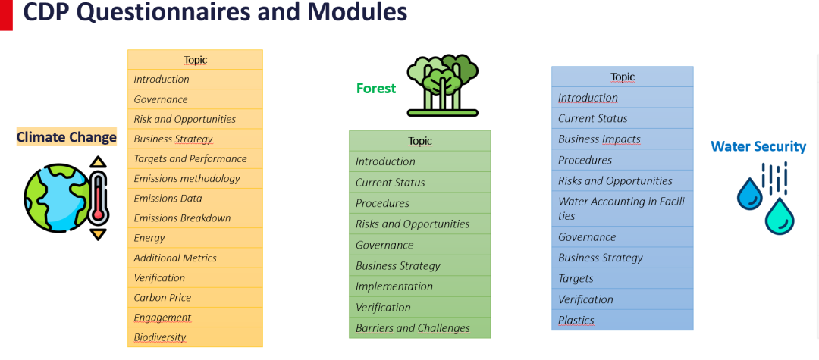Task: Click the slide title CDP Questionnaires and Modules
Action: click(215, 13)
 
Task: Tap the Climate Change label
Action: click(66, 137)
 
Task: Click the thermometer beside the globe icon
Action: click(98, 199)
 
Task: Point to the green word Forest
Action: click(376, 89)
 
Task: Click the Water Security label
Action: click(758, 146)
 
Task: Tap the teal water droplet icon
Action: click(780, 216)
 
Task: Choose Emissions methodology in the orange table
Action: click(196, 178)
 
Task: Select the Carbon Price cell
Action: click(196, 297)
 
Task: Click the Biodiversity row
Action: click(196, 337)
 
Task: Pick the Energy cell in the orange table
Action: click(196, 238)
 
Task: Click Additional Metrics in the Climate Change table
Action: click(196, 258)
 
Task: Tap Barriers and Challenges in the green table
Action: click(420, 328)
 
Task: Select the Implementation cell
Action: click(420, 286)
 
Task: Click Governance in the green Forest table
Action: click(420, 245)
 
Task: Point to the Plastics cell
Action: click(623, 320)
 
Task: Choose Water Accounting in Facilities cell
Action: click(623, 208)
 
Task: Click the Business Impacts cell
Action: click(623, 139)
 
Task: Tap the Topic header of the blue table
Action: click(623, 77)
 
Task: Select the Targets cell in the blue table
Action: click(623, 279)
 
